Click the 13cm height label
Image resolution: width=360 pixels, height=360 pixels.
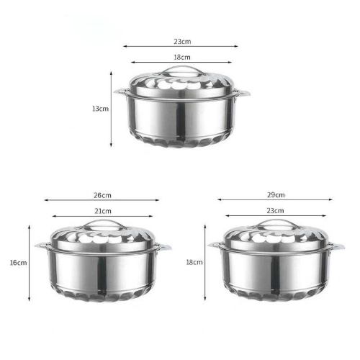click(x=101, y=109)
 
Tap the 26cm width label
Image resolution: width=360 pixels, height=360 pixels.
click(x=102, y=195)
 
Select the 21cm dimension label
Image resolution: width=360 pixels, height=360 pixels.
click(x=103, y=211)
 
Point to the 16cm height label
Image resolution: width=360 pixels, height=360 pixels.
click(x=18, y=263)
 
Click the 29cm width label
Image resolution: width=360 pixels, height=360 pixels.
click(x=276, y=195)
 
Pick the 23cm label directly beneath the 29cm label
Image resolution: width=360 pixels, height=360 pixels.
click(x=275, y=211)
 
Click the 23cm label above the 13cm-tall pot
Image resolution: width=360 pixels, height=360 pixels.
click(x=182, y=42)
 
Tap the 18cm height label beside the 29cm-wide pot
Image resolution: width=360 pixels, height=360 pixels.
click(x=194, y=262)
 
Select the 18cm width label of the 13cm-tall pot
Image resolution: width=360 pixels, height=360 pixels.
click(x=182, y=58)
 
